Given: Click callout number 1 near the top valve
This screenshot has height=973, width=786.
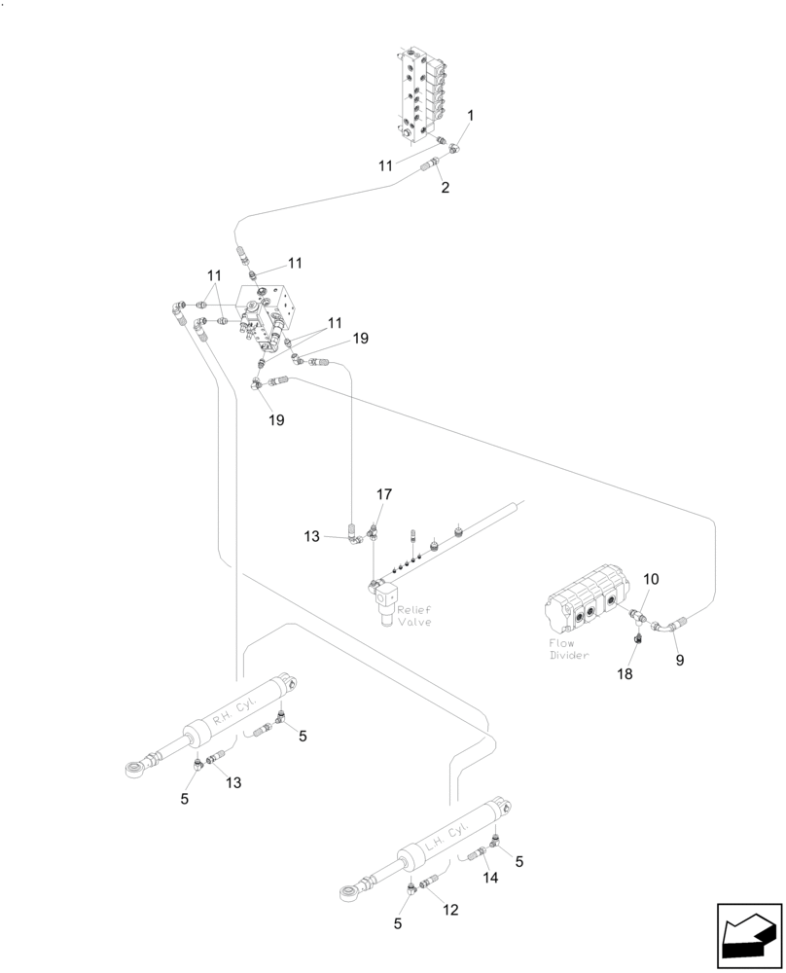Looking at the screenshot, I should [x=470, y=116].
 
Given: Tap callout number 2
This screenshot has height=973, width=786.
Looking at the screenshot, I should [x=445, y=188].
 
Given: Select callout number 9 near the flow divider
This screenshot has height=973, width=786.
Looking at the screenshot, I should [x=680, y=660].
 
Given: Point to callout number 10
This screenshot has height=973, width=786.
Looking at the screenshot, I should [x=651, y=580].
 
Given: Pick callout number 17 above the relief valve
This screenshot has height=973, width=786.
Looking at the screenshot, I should [x=384, y=494].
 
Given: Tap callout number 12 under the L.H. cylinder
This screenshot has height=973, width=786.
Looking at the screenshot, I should [x=449, y=910].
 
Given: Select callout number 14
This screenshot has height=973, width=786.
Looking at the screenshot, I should [x=491, y=877].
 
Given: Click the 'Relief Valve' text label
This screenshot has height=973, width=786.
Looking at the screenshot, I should [x=413, y=615].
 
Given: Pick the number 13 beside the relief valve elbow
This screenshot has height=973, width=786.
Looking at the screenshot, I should [x=311, y=536].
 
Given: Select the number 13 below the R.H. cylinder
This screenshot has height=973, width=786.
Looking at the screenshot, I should [x=234, y=782].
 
